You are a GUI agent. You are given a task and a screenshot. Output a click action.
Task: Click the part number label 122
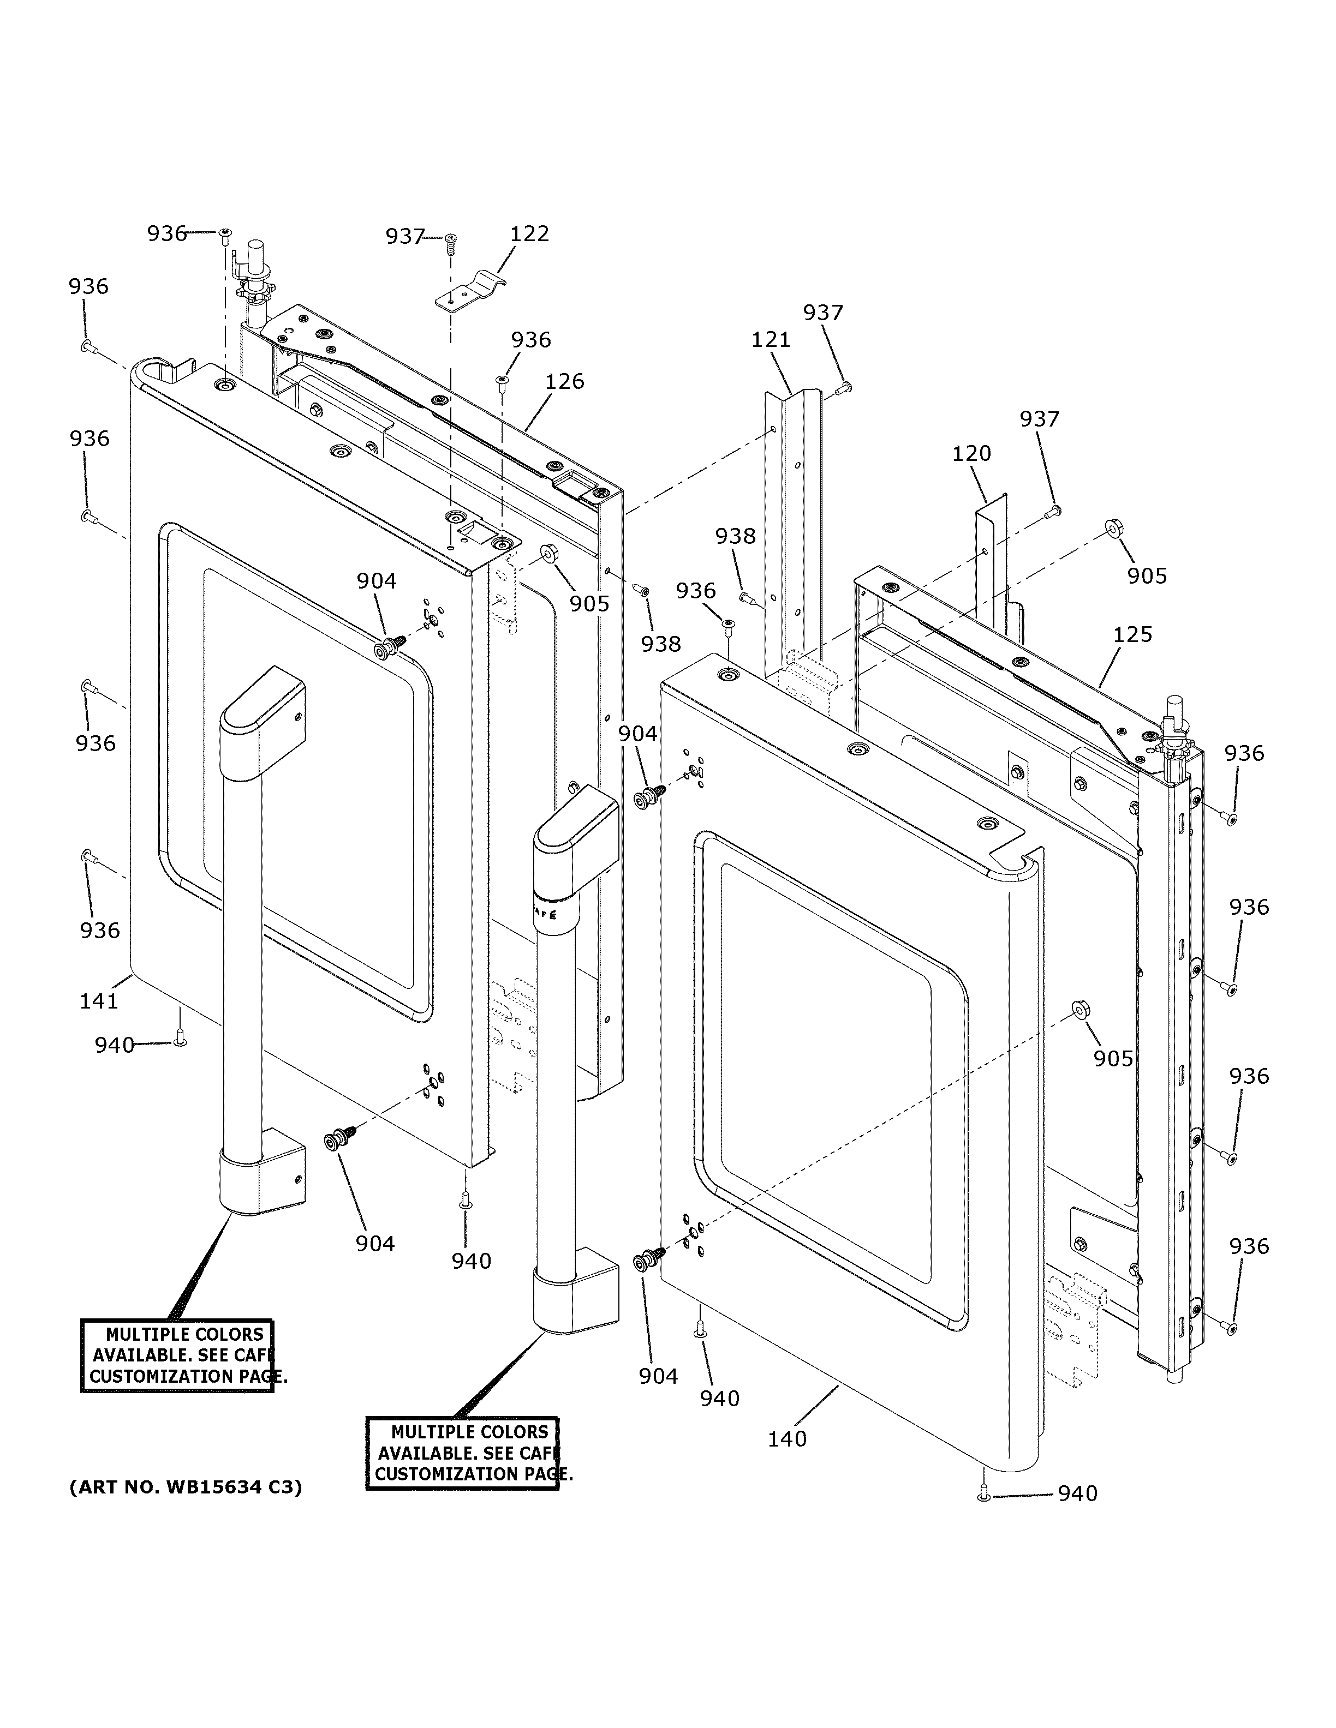click(529, 234)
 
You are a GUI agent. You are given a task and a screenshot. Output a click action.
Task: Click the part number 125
click(1132, 634)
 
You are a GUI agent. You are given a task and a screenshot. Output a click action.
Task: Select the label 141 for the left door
click(99, 1001)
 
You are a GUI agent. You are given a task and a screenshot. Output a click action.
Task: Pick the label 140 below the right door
click(787, 1439)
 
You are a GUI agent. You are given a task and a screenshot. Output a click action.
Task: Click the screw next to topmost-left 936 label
click(225, 234)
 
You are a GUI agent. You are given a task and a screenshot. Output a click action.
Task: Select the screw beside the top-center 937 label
click(452, 240)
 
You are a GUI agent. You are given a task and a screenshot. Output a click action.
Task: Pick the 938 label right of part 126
click(660, 644)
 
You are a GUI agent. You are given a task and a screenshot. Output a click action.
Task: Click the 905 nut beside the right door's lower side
click(1079, 1010)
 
